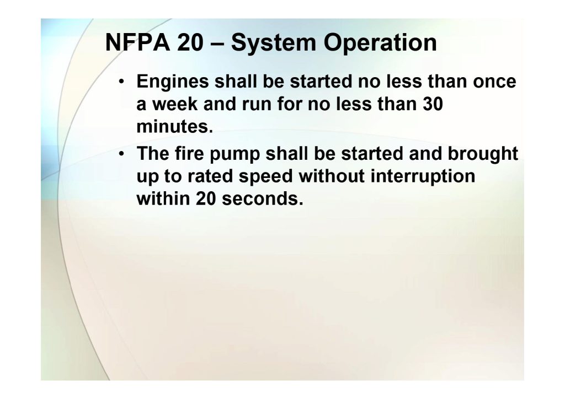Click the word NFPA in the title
(x=137, y=42)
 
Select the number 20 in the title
(x=190, y=42)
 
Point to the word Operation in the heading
(x=380, y=44)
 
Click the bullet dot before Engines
(x=122, y=82)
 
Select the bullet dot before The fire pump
(x=122, y=154)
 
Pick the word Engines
(x=173, y=82)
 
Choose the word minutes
(x=175, y=127)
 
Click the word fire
(x=189, y=153)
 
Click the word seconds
(x=263, y=198)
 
